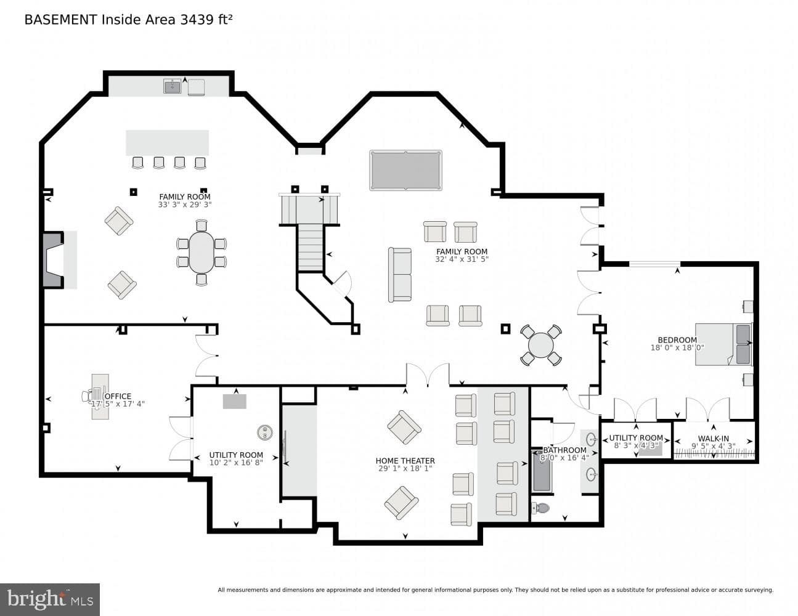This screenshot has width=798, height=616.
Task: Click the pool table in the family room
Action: (405, 171)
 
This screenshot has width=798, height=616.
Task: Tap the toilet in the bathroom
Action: (540, 508)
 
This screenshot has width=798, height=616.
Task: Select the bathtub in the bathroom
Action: (542, 471)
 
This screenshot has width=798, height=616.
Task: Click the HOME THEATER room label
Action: (405, 461)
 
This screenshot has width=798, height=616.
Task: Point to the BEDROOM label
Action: (677, 340)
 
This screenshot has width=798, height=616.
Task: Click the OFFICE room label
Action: (118, 396)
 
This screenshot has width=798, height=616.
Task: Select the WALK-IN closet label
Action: (713, 439)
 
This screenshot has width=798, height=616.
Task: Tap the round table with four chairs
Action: (540, 345)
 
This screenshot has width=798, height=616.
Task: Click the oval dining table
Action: (202, 253)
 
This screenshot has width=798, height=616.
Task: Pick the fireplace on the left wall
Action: (54, 260)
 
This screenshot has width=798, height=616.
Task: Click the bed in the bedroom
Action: (723, 344)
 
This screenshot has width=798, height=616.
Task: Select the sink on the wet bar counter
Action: (173, 87)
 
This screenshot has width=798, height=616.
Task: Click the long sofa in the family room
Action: (400, 275)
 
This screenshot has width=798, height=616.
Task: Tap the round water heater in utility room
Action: (264, 432)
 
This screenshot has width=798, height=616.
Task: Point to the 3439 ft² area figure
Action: (206, 20)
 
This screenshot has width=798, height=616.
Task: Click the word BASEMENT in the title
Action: (60, 20)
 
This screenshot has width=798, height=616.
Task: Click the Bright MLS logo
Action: (50, 599)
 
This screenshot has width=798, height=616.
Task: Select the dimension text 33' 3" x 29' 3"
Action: (185, 205)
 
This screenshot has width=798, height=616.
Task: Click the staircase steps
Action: (311, 248)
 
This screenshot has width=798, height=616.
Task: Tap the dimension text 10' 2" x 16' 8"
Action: (236, 463)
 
